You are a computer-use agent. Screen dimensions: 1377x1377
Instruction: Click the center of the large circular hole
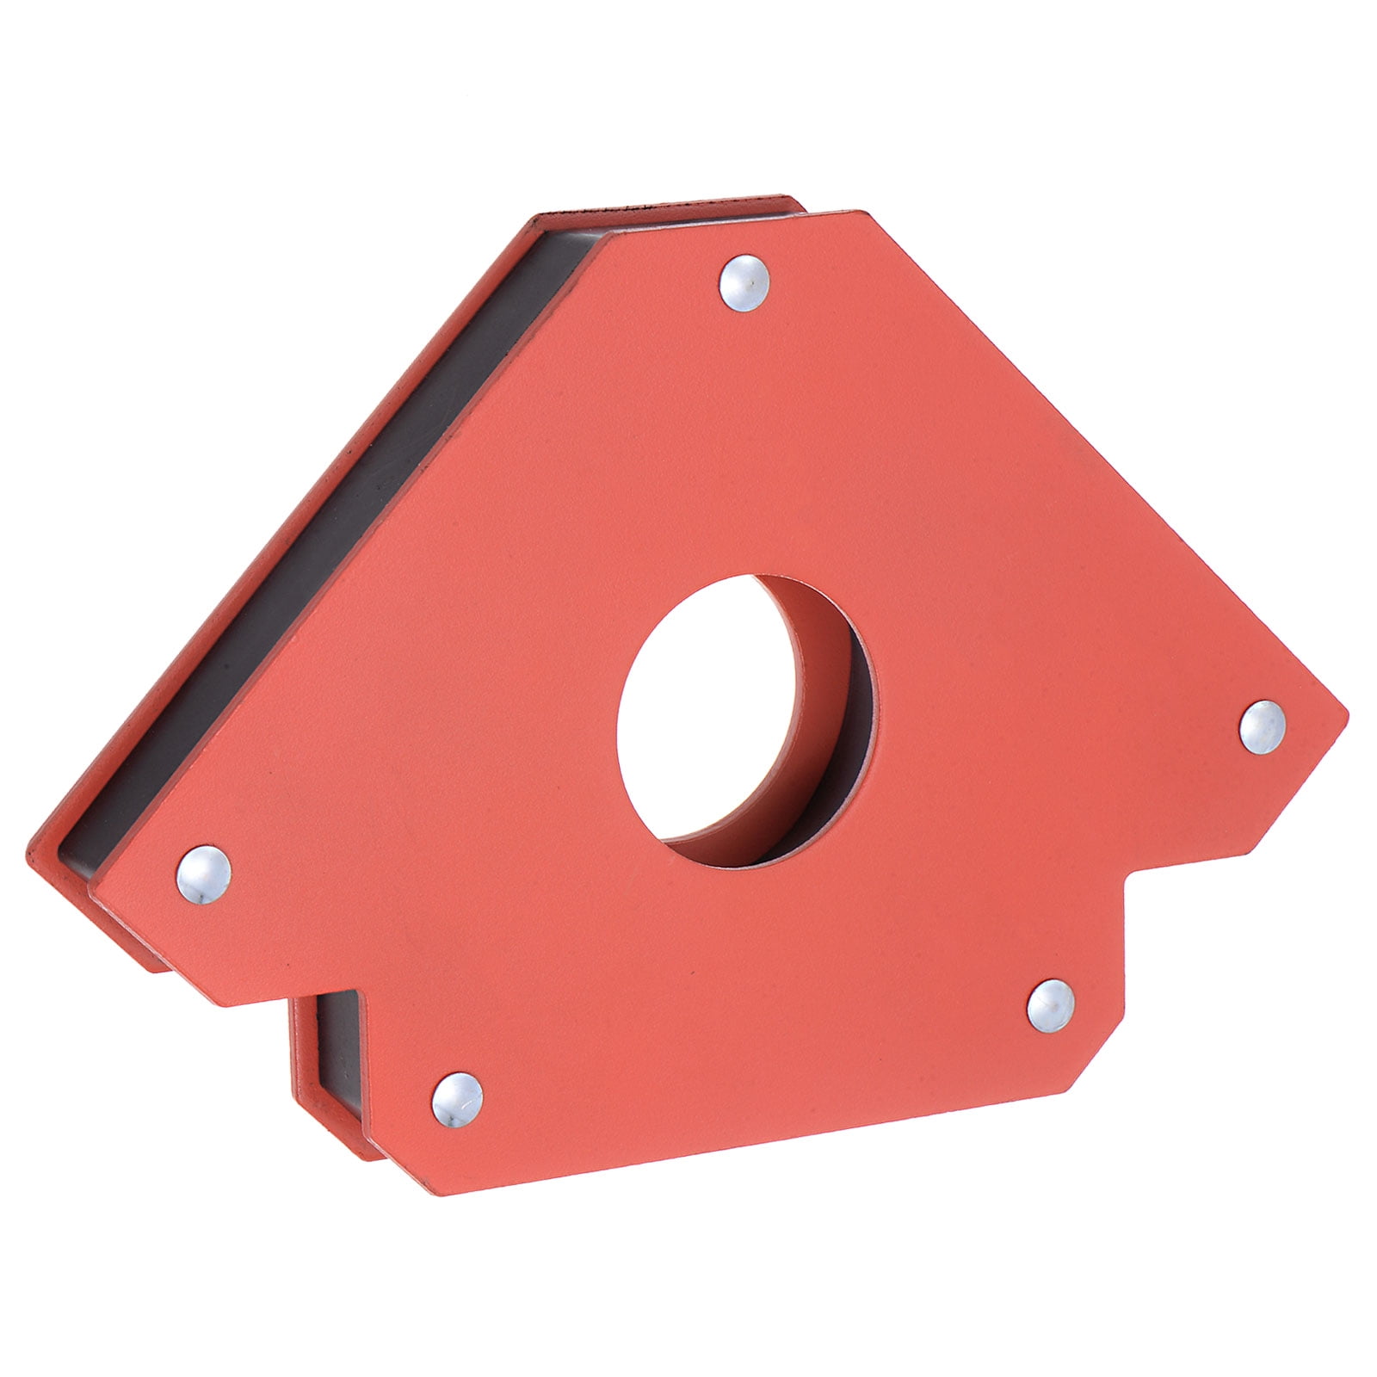pos(745,721)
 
